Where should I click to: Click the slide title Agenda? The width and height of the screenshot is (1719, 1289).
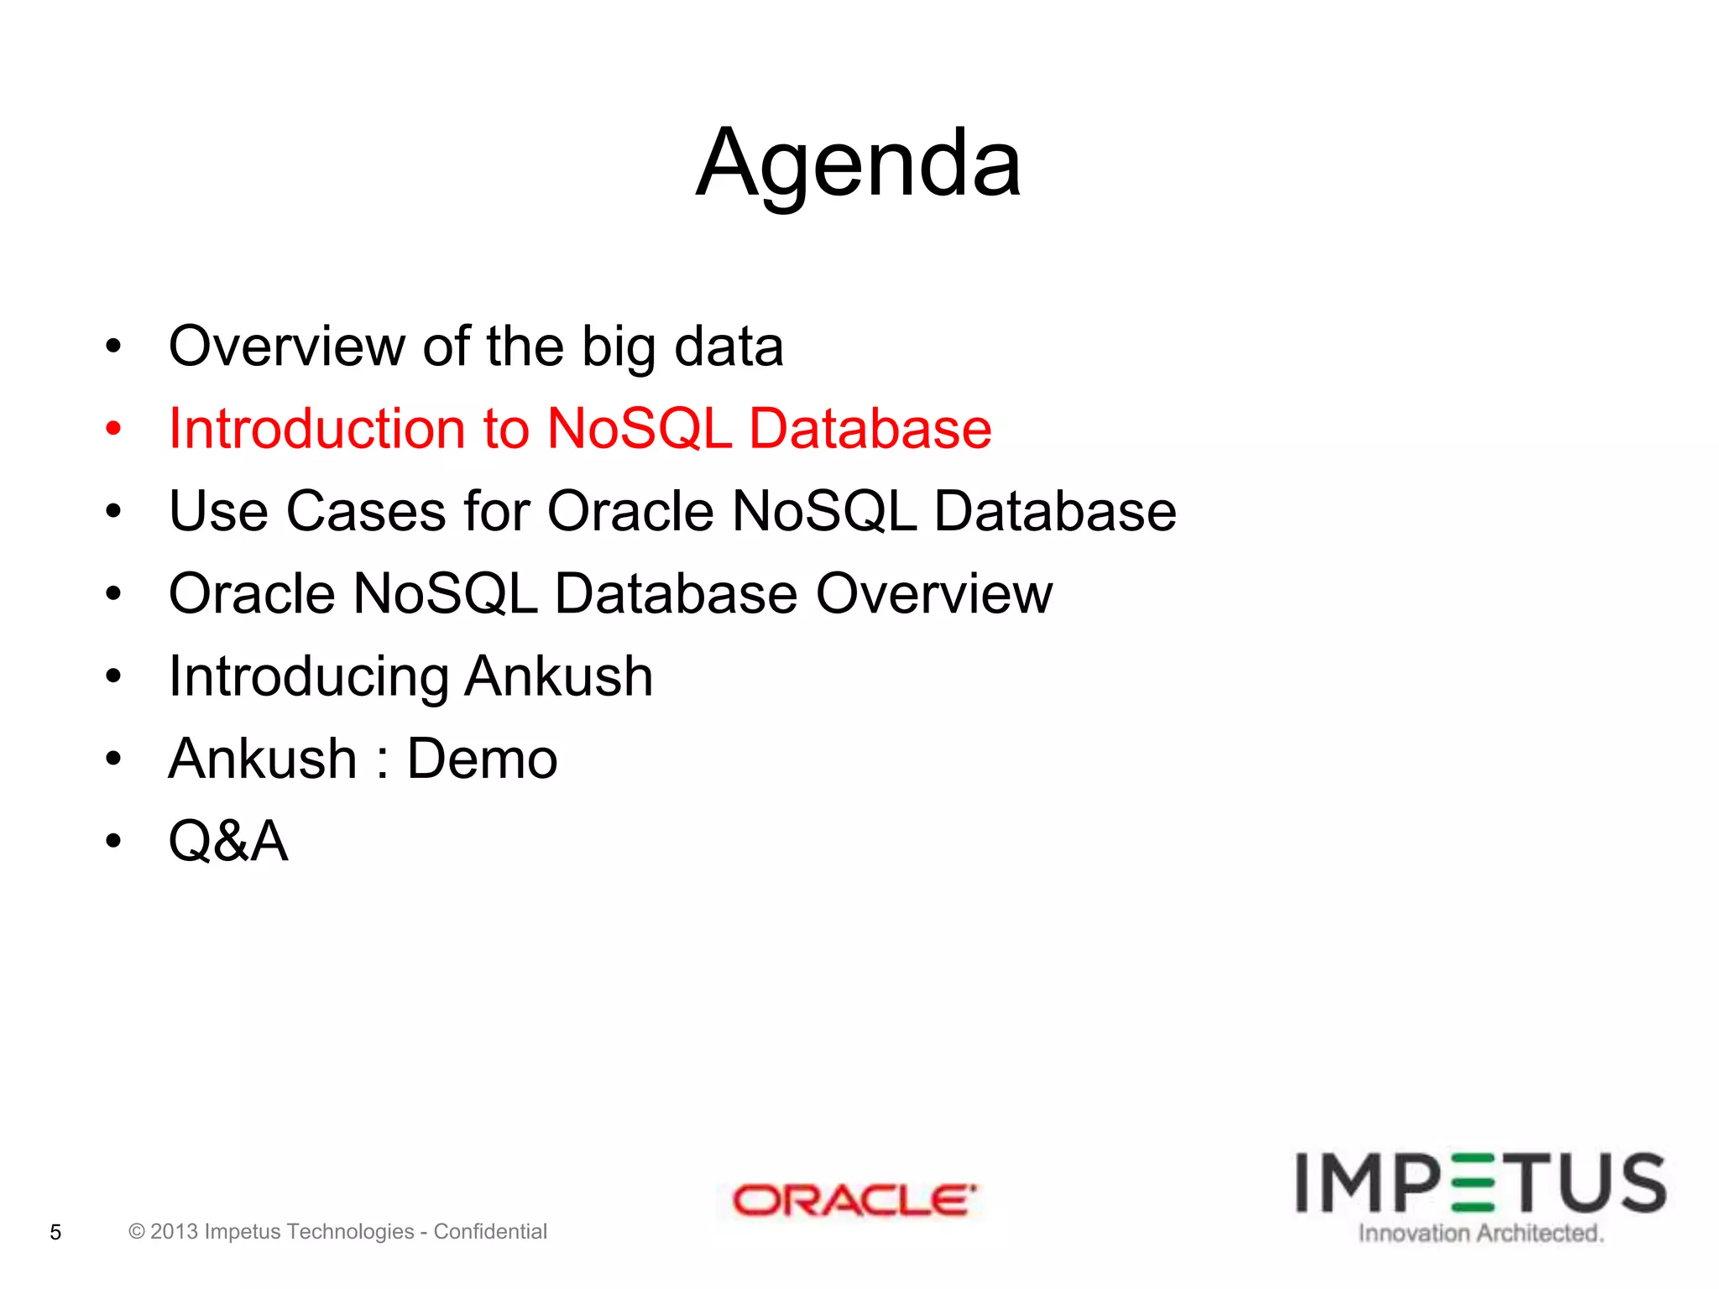coord(858,164)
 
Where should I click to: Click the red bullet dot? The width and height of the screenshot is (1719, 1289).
coord(113,429)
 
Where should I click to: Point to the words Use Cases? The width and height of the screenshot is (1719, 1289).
coord(307,511)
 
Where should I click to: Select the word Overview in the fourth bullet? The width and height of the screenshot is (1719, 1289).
coord(933,593)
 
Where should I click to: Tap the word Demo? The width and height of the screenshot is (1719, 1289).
coord(482,759)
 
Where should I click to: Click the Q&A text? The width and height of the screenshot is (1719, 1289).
coord(228,841)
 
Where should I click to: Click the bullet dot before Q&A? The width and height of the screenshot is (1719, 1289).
coord(113,841)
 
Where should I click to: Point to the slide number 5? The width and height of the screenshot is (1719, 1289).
coord(55,1232)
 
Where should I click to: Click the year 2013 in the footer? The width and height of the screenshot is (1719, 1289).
coord(174,1231)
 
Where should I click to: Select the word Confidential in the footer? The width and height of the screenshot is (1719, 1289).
coord(490,1231)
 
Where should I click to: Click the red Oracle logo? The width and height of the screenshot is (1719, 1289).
coord(853,1200)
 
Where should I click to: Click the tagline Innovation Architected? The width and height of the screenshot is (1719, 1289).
coord(1481,1233)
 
